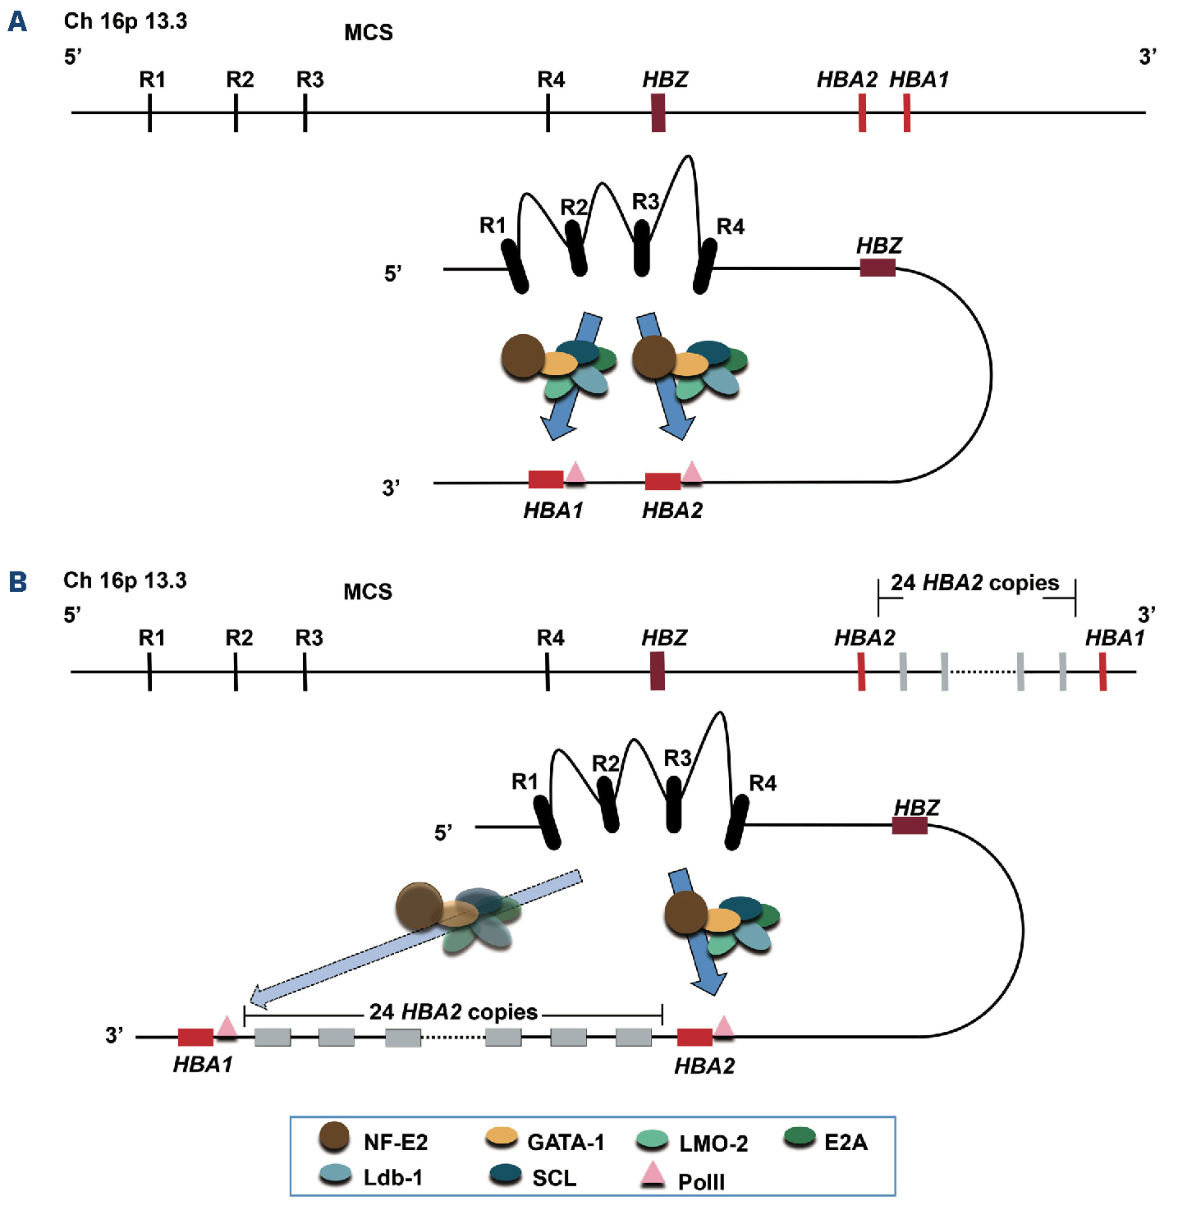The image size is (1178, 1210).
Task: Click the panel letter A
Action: pyautogui.click(x=17, y=21)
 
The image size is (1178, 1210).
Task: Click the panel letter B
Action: pyautogui.click(x=17, y=582)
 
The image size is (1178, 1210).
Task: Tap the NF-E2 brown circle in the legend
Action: pyautogui.click(x=334, y=1137)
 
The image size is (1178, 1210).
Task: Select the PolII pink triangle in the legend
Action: pyautogui.click(x=653, y=1175)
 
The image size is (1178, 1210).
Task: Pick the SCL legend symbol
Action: pyautogui.click(x=505, y=1174)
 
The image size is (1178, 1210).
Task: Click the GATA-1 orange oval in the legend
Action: pyautogui.click(x=502, y=1137)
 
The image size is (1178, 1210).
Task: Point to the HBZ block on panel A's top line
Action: pyautogui.click(x=658, y=112)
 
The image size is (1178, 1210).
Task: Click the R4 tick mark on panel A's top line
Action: pyautogui.click(x=548, y=112)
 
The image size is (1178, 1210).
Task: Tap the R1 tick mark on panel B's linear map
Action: pyautogui.click(x=149, y=671)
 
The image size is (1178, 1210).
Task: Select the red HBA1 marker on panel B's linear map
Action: pyautogui.click(x=1102, y=671)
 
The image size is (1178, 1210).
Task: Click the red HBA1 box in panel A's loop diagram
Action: pyautogui.click(x=546, y=480)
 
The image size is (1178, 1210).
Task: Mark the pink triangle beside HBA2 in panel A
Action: pyautogui.click(x=692, y=472)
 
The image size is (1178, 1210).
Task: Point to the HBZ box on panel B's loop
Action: pyautogui.click(x=910, y=826)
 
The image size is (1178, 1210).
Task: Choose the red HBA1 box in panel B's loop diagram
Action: pyautogui.click(x=195, y=1037)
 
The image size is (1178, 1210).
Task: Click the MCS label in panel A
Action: pyautogui.click(x=369, y=33)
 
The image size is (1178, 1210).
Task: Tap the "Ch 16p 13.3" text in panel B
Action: pyautogui.click(x=125, y=580)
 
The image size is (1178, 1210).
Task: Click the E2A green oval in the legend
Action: pyautogui.click(x=799, y=1137)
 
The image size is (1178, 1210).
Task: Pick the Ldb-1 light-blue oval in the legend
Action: pyautogui.click(x=334, y=1175)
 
